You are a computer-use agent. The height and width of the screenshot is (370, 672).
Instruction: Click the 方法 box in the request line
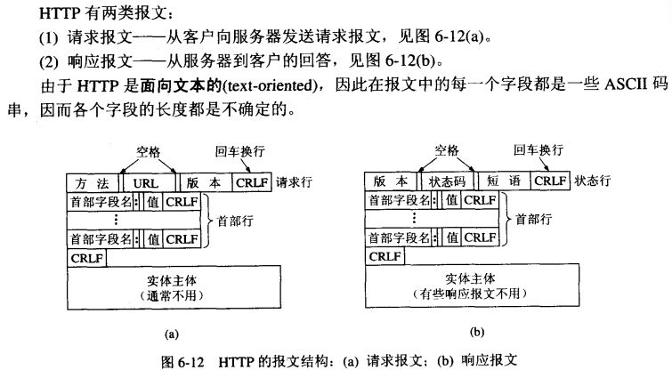tap(93, 183)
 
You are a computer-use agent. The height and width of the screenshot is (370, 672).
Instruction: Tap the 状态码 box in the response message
tap(447, 181)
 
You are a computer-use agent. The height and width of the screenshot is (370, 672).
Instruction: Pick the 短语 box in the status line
tap(504, 181)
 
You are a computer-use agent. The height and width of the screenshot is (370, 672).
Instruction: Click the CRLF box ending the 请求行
tap(252, 182)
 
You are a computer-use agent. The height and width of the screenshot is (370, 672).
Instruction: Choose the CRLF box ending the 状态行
tap(550, 181)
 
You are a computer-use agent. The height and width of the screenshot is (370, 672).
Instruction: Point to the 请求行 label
tap(294, 182)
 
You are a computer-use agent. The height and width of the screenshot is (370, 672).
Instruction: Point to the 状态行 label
tap(592, 181)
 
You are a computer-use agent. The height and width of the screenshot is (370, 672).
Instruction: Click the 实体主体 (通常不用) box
tap(174, 287)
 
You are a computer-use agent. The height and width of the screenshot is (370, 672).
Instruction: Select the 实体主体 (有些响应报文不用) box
tap(472, 286)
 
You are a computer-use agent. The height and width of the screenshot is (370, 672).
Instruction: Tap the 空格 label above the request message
tap(149, 152)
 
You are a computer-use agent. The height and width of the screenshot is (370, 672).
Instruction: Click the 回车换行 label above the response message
tap(538, 150)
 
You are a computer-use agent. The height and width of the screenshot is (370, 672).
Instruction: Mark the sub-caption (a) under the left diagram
tap(172, 334)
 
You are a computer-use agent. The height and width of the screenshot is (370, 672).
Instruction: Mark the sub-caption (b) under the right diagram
tap(476, 332)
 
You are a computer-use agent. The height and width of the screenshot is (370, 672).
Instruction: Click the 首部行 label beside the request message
tap(235, 221)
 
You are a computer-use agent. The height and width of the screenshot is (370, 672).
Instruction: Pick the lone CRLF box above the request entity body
tap(87, 258)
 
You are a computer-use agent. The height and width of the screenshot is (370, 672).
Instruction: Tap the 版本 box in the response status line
tap(391, 181)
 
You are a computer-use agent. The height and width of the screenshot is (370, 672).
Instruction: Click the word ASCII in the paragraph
tap(626, 84)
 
